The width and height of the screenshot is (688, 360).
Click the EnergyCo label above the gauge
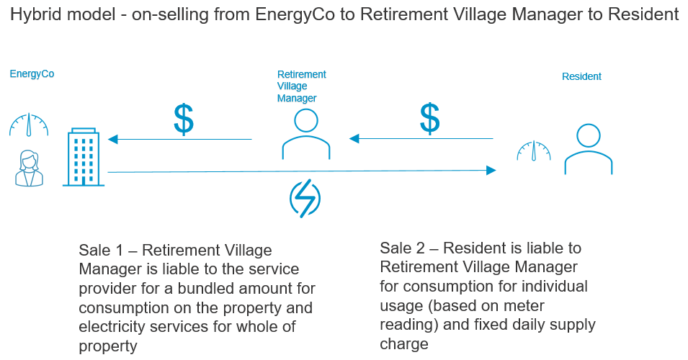(x=32, y=73)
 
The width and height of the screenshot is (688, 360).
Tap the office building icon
(x=84, y=158)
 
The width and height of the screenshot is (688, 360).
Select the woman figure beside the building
(x=28, y=168)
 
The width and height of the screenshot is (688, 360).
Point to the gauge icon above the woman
(x=29, y=125)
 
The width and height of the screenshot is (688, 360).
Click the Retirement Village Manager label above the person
(x=301, y=86)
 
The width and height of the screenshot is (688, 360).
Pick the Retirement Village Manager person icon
(x=306, y=134)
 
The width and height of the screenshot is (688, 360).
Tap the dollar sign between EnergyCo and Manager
(x=184, y=119)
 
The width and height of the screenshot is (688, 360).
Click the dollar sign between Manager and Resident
(x=429, y=119)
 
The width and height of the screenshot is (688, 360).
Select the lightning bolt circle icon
(x=305, y=198)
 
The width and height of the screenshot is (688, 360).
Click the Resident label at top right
(x=581, y=76)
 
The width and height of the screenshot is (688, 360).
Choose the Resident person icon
(x=588, y=149)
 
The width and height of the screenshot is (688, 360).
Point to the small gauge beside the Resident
(x=532, y=150)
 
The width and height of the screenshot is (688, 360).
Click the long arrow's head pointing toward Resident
(x=491, y=171)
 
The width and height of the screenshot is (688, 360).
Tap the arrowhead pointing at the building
(x=112, y=140)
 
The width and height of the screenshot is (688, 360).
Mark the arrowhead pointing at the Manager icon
(x=354, y=139)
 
